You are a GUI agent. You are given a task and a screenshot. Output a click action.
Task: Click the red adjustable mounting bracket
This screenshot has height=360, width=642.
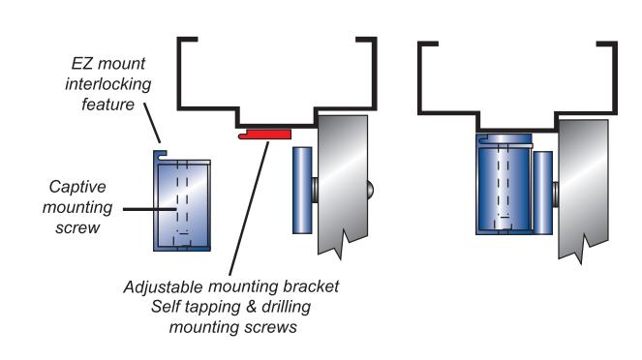click(x=265, y=135)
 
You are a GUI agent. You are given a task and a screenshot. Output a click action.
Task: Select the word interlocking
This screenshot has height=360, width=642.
click(x=108, y=84)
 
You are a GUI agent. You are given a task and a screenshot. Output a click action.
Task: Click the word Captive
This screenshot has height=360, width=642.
click(x=77, y=187)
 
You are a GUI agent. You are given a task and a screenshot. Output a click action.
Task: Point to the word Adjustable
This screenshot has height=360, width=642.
click(x=163, y=286)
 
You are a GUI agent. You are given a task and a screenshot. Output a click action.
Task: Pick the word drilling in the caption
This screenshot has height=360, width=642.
click(x=287, y=307)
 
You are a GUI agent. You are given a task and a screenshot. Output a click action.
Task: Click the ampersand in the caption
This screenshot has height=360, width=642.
click(x=251, y=307)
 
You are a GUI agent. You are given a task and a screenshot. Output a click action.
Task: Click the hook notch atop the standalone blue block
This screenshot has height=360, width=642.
click(x=161, y=154)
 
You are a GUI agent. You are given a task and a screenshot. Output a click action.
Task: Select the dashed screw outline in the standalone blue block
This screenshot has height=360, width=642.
click(x=182, y=203)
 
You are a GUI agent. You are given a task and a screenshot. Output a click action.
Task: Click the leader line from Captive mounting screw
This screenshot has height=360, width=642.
click(x=150, y=209)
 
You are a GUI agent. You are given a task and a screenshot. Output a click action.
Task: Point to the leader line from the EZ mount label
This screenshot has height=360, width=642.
click(x=152, y=123)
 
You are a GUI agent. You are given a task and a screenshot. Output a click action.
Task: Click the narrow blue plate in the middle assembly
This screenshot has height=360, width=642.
click(x=302, y=191)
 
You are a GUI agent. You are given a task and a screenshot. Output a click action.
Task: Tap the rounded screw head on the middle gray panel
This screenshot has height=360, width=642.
click(x=370, y=189)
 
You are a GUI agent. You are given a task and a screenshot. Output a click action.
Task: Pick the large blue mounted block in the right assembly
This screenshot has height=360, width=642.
click(x=504, y=184)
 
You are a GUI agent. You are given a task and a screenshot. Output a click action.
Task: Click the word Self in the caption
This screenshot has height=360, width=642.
click(x=165, y=307)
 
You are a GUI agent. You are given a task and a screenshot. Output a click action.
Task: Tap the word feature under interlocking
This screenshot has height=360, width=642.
click(x=108, y=105)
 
